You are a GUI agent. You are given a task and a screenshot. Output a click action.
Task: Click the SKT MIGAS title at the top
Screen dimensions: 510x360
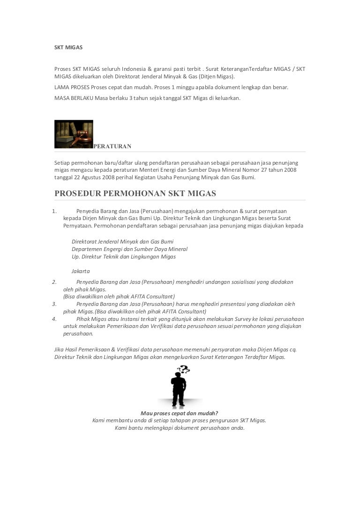pos(68,47)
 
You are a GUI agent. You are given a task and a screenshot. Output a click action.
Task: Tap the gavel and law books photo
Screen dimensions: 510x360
pos(74,134)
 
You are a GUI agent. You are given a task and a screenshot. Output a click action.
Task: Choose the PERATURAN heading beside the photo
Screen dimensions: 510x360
pos(112,146)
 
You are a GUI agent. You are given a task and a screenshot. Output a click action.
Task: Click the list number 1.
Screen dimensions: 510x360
pos(54,211)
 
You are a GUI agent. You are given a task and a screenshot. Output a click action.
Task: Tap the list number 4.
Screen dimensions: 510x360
pos(54,319)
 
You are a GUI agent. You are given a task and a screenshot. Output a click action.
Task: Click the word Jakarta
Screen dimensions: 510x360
pos(81,271)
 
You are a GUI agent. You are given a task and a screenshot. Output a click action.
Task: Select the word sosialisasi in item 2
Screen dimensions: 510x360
pos(241,282)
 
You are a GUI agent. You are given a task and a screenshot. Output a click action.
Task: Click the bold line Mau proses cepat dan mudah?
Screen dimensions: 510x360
pos(179,413)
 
